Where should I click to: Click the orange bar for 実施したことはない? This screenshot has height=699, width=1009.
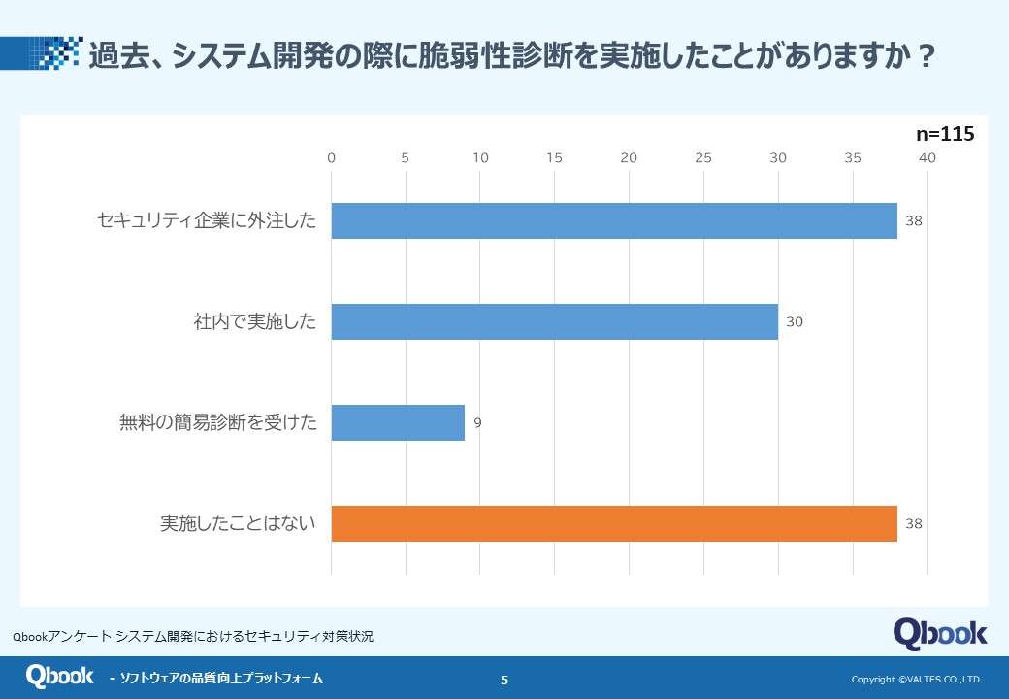(614, 524)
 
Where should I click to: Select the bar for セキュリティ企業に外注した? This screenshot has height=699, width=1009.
(614, 221)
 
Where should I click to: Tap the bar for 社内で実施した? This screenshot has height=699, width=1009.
(554, 322)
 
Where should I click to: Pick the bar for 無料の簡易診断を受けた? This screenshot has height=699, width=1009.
(398, 423)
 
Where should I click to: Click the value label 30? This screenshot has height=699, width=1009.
(794, 322)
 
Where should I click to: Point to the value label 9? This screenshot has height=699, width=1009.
(477, 423)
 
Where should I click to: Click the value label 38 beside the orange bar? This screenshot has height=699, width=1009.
(913, 524)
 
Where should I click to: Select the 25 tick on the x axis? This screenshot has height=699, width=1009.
(703, 158)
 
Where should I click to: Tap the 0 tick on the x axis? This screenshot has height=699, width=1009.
(332, 158)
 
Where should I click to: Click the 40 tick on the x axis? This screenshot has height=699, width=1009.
(928, 158)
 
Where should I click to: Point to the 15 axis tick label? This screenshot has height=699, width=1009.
(554, 158)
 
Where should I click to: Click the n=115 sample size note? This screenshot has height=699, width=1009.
(945, 135)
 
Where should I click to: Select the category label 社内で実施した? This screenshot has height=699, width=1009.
(254, 322)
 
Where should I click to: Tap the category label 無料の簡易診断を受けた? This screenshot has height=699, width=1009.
(218, 423)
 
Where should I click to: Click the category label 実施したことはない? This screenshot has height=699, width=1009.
(238, 524)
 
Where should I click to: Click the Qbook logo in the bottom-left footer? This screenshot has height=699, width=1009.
(60, 677)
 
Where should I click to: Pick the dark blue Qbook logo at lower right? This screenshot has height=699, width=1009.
(939, 633)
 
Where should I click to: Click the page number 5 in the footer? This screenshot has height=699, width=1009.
(504, 680)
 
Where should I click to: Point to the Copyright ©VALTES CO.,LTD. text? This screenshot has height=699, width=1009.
(917, 680)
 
